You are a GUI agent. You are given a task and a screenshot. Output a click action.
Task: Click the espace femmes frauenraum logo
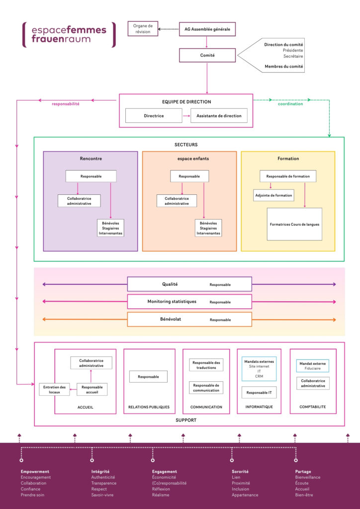click(x=69, y=34)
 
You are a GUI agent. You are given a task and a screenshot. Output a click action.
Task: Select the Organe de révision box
click(x=143, y=29)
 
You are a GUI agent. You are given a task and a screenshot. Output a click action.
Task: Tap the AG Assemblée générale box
click(x=207, y=29)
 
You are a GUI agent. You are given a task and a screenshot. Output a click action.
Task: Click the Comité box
click(x=207, y=55)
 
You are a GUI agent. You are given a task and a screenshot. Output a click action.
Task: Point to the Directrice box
click(x=154, y=116)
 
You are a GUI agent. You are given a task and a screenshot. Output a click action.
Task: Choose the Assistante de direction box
click(x=219, y=116)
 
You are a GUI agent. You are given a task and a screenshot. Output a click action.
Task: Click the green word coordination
click(x=290, y=104)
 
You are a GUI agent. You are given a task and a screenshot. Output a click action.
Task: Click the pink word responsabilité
click(x=66, y=104)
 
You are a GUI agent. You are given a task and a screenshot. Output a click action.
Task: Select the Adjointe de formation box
click(x=273, y=195)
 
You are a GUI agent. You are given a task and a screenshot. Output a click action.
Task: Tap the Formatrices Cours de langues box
click(x=294, y=224)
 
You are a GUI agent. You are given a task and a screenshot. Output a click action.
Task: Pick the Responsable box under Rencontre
click(x=91, y=176)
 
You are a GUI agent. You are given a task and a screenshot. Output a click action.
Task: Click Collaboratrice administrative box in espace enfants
click(x=177, y=201)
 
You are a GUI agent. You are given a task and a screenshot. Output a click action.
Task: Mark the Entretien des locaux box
click(x=54, y=390)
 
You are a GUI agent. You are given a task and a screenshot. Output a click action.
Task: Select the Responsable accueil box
click(x=91, y=390)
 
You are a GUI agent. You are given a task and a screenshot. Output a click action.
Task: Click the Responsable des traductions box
click(x=206, y=365)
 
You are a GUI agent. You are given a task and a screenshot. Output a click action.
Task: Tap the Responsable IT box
click(x=259, y=393)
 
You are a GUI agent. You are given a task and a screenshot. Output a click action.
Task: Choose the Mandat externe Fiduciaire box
click(x=313, y=366)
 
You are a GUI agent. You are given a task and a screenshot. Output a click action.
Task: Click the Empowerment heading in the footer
click(x=35, y=471)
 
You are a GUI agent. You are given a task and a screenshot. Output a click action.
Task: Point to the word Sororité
click(x=240, y=471)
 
